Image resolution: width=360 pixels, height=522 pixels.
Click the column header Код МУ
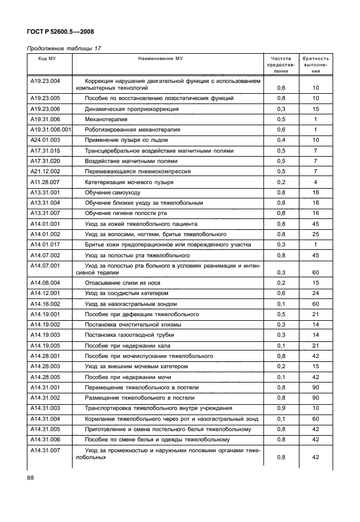tap(47, 59)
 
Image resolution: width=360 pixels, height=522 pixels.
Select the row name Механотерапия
tap(106, 119)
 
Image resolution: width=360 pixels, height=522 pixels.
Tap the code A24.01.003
tap(45, 140)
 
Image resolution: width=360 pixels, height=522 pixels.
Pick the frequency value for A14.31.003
tap(281, 408)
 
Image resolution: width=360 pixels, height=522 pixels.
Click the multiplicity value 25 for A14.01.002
tap(315, 234)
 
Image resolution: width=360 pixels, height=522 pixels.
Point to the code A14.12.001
tap(45, 293)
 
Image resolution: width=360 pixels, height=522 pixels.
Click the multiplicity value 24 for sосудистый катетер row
tap(315, 293)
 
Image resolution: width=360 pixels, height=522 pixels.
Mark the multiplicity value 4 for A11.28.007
tap(315, 182)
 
